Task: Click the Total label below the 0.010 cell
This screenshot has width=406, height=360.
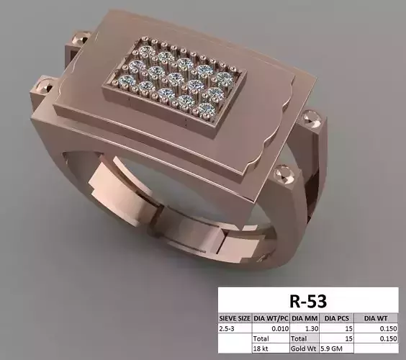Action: tap(261, 337)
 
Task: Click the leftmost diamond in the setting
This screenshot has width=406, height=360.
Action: tap(129, 79)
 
